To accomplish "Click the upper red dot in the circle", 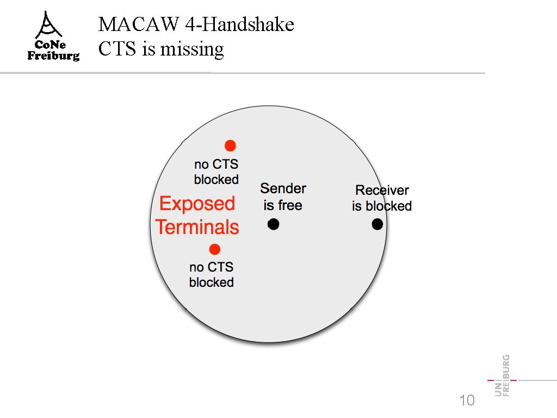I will pos(231,145).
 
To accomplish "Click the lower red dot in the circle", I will pos(215,250).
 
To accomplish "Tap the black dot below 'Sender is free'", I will pos(274,224).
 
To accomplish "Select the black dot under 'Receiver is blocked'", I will pos(377,224).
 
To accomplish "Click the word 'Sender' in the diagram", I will pos(283,189).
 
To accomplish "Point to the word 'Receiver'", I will pos(382,190).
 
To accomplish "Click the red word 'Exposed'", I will pos(197,204).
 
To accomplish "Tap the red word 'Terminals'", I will pos(197,227).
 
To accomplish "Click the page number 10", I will pos(467,401).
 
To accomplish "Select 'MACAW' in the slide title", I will pos(130,24).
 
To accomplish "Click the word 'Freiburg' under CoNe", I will pos(53,56).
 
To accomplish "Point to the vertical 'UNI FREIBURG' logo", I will pos(503,376).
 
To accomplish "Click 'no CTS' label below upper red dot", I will pos(216,164).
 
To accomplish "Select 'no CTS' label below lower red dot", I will pos(212,267).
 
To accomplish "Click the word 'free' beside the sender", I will pos(290,206).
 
